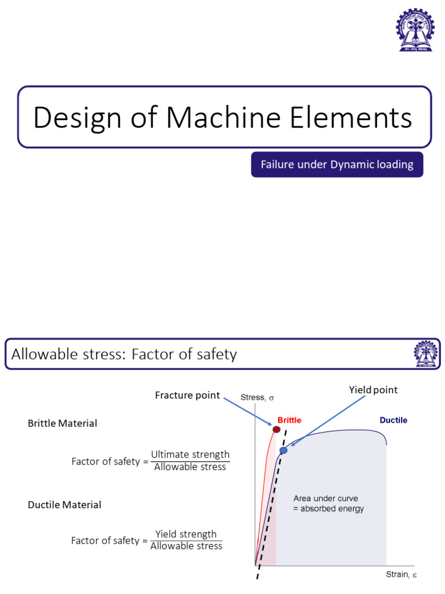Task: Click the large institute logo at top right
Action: coord(414,30)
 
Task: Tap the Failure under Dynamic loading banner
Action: coord(337,165)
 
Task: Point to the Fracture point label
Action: coord(187,395)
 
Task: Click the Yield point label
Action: coord(373,390)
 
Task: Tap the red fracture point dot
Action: coord(276,430)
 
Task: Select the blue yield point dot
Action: coord(283,450)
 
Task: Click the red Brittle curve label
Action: coord(289,420)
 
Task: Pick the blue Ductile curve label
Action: coord(393,420)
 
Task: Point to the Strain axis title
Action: coord(402,575)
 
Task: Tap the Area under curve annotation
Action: coord(329,504)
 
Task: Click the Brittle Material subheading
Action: coord(63,423)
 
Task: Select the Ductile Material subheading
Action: coord(64,505)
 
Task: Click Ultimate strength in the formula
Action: coord(190,454)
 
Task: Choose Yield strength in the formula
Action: coord(186,534)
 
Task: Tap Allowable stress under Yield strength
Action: coord(186,546)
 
